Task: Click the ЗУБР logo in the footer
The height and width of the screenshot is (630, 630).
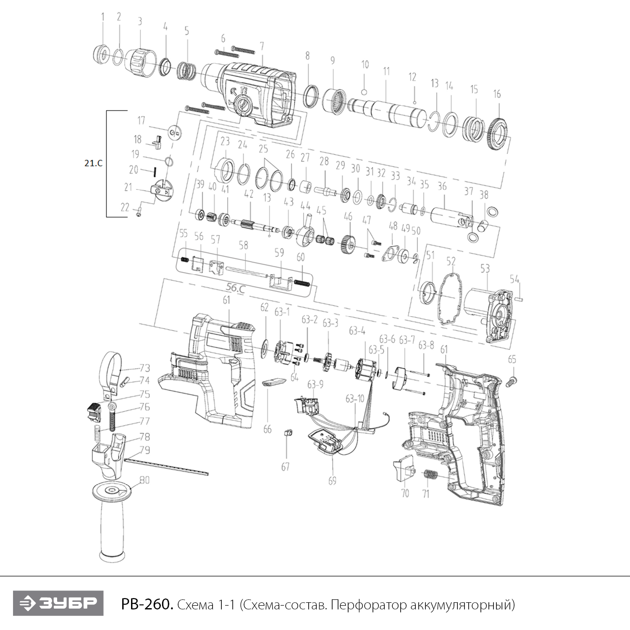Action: pyautogui.click(x=58, y=603)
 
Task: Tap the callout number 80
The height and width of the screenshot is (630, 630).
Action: pyautogui.click(x=145, y=480)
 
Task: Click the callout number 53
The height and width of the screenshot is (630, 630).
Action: pyautogui.click(x=485, y=268)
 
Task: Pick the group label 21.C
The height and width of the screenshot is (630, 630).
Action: pyautogui.click(x=93, y=163)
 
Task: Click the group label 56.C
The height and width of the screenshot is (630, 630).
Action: pyautogui.click(x=236, y=288)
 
